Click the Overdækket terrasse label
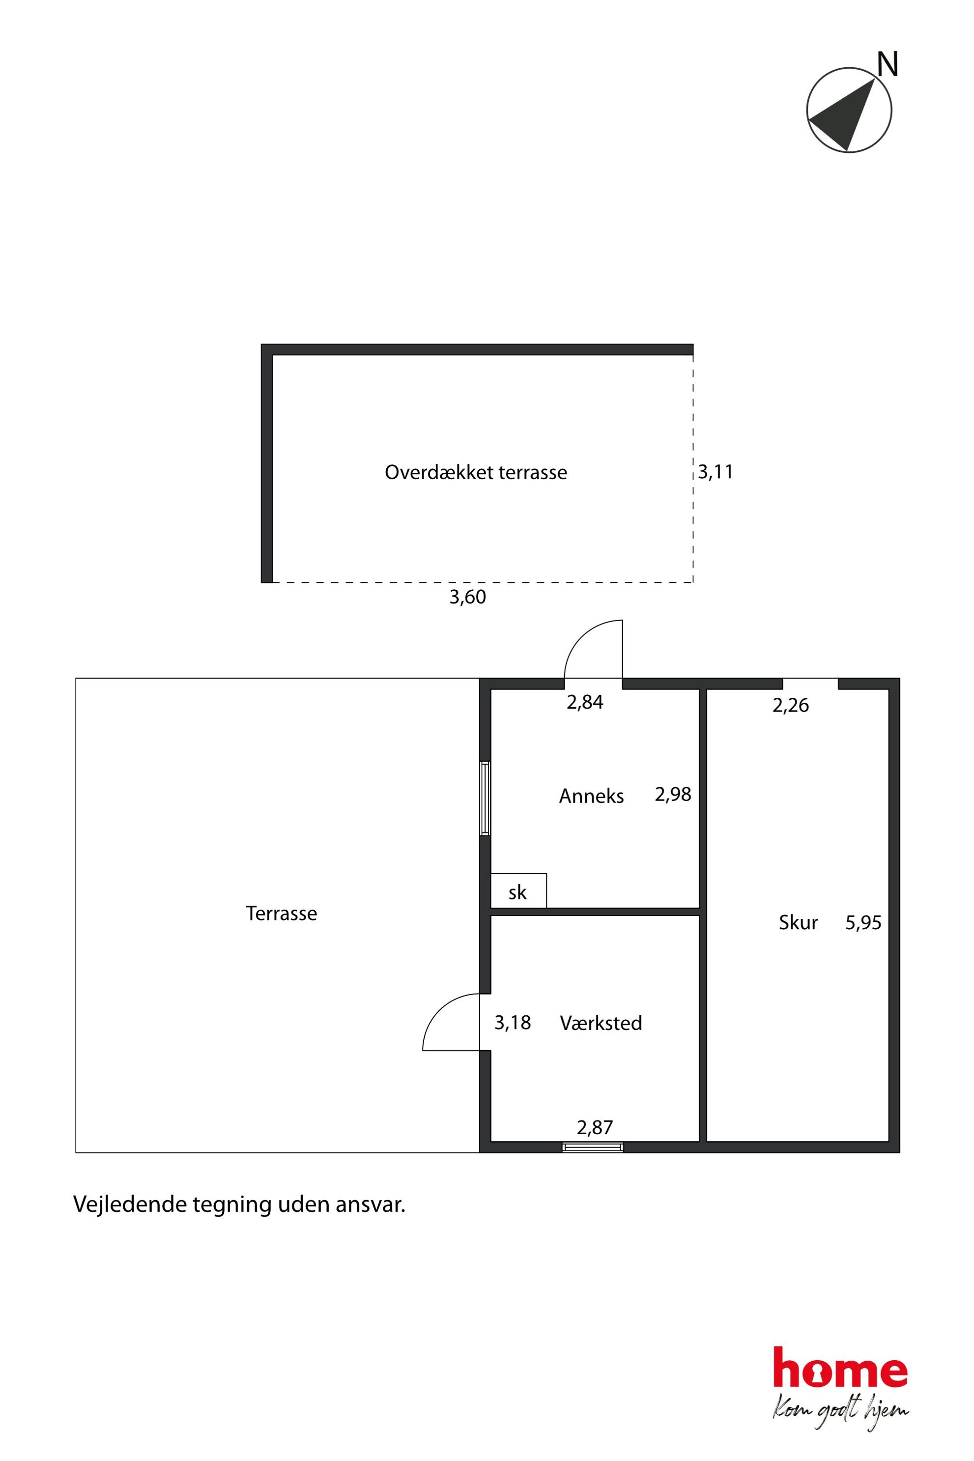click(476, 472)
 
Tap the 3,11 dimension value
click(715, 472)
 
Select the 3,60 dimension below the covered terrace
click(468, 597)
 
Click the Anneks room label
click(591, 796)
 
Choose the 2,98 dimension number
click(673, 795)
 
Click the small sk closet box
click(518, 890)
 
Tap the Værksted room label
click(601, 1023)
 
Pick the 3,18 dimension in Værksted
click(513, 1023)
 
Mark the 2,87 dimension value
click(595, 1127)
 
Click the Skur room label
click(798, 922)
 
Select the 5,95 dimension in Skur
click(863, 922)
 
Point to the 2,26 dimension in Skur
click(791, 705)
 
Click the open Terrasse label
click(282, 913)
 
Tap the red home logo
click(840, 1375)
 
